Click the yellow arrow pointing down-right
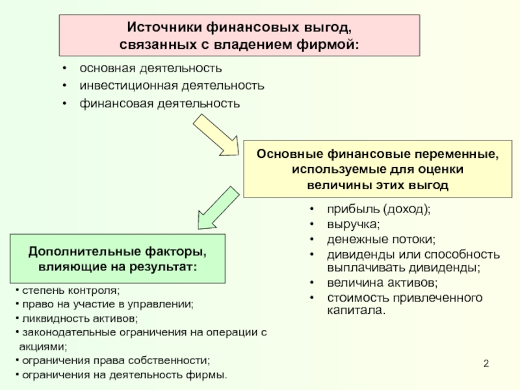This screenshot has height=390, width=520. (216, 135)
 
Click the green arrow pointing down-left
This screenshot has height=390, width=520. (218, 208)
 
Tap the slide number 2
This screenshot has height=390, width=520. (486, 363)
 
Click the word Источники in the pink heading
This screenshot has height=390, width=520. (164, 27)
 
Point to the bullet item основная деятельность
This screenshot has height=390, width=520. (151, 68)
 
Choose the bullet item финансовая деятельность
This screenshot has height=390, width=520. (159, 103)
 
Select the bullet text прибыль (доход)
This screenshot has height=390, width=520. (379, 209)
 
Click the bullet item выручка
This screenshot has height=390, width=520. (354, 224)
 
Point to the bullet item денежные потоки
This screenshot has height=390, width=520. (382, 239)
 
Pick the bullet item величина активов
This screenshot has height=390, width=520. (382, 283)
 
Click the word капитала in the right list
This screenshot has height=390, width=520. (356, 311)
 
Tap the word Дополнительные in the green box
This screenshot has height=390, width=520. (84, 252)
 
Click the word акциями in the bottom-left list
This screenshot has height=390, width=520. (43, 346)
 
